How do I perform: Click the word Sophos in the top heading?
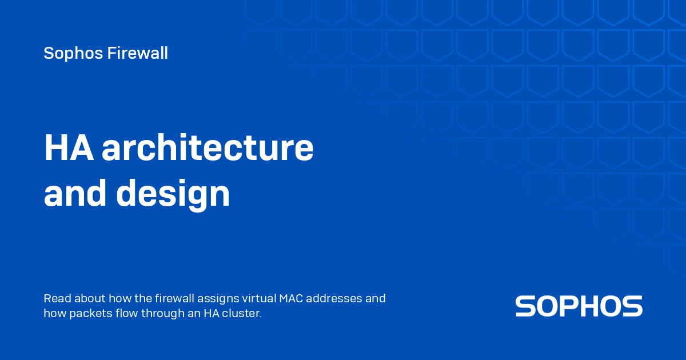tap(73, 54)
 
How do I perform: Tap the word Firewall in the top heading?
tap(138, 53)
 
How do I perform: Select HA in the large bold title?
tap(69, 147)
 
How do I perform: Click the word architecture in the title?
tap(208, 147)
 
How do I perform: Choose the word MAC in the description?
tap(291, 298)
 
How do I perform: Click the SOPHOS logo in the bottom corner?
tap(579, 306)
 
